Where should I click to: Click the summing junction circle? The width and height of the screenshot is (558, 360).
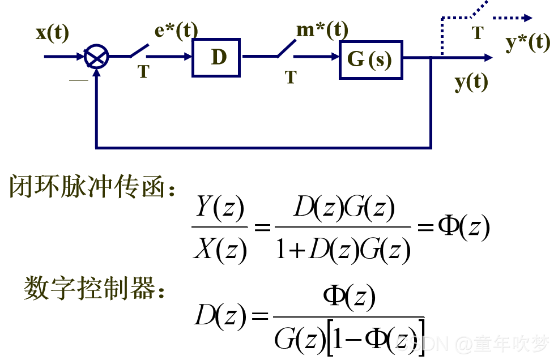point(96,57)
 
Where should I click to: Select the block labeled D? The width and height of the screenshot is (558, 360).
point(216,57)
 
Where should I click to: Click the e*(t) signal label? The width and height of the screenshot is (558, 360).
point(176,31)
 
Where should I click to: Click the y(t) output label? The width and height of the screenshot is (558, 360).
point(471,83)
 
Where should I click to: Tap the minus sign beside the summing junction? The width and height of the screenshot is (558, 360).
point(79,80)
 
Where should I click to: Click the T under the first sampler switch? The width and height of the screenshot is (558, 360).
point(143,72)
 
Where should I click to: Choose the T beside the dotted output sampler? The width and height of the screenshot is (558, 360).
point(478,33)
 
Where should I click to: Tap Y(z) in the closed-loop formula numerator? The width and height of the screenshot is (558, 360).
point(219,209)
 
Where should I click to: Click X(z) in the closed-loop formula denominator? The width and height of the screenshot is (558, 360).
point(219,247)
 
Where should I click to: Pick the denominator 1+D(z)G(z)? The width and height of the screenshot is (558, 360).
point(343,248)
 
